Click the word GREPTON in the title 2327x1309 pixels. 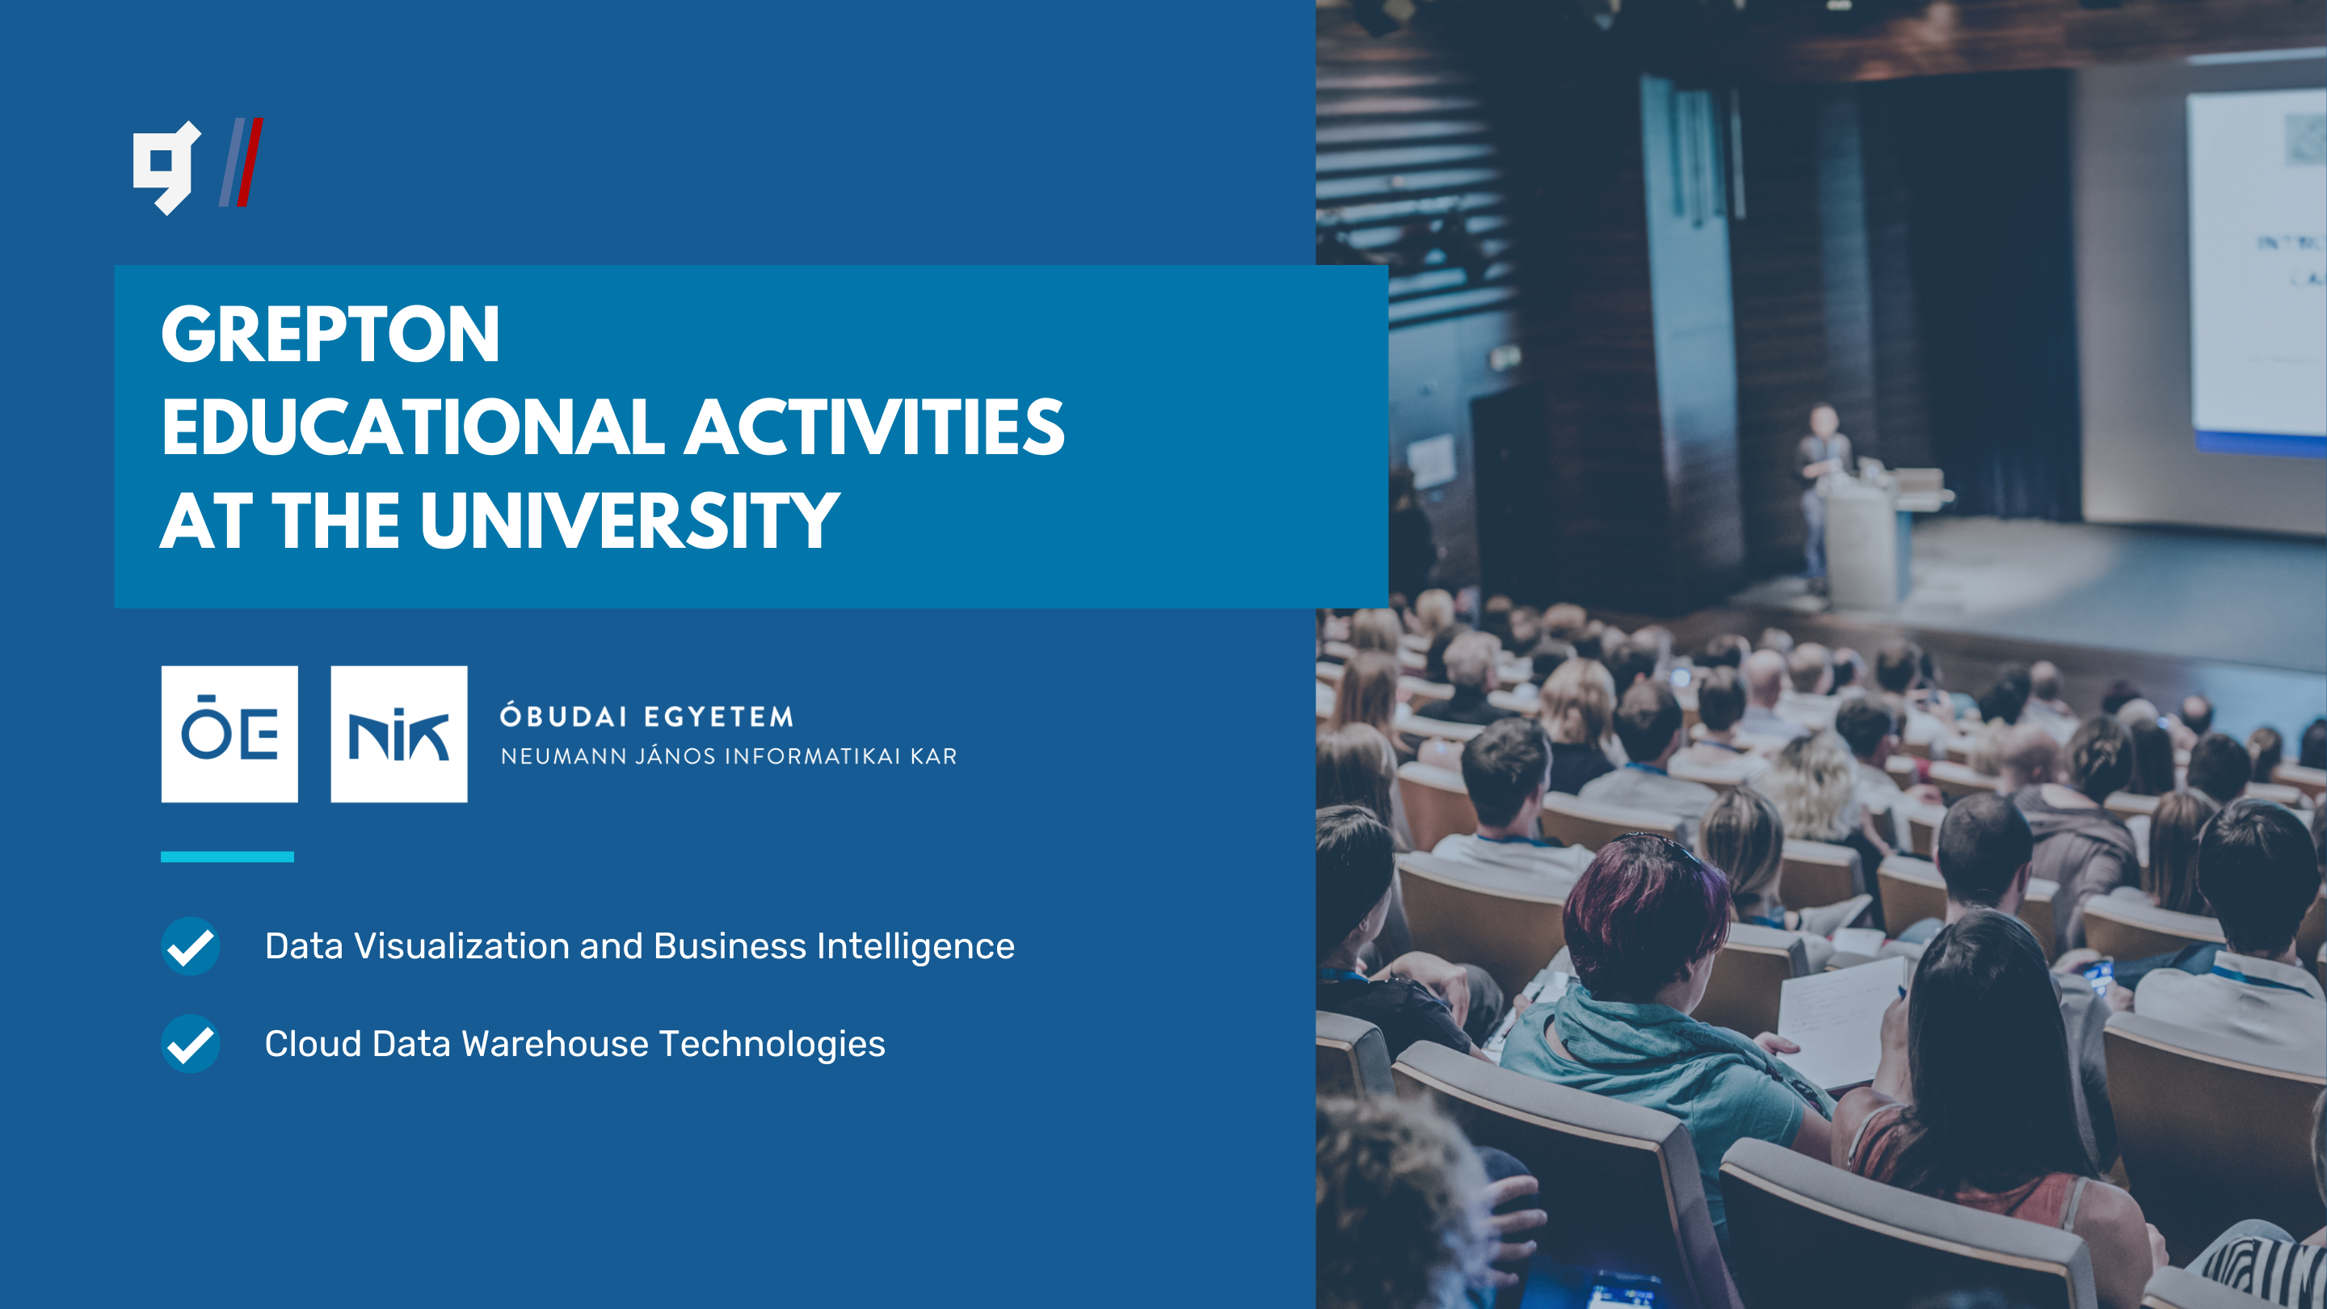pyautogui.click(x=330, y=335)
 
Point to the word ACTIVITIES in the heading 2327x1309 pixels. pyautogui.click(x=874, y=427)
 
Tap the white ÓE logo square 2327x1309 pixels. pyautogui.click(x=229, y=734)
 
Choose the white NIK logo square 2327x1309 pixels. pyautogui.click(x=399, y=734)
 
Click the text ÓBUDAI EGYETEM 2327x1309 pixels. pyautogui.click(x=646, y=717)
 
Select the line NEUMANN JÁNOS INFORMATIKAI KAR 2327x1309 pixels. pyautogui.click(x=729, y=756)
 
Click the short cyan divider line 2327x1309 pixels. pyautogui.click(x=228, y=857)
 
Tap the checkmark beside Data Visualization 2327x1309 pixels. pyautogui.click(x=191, y=946)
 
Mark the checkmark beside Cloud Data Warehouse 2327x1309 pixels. pyautogui.click(x=191, y=1043)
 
